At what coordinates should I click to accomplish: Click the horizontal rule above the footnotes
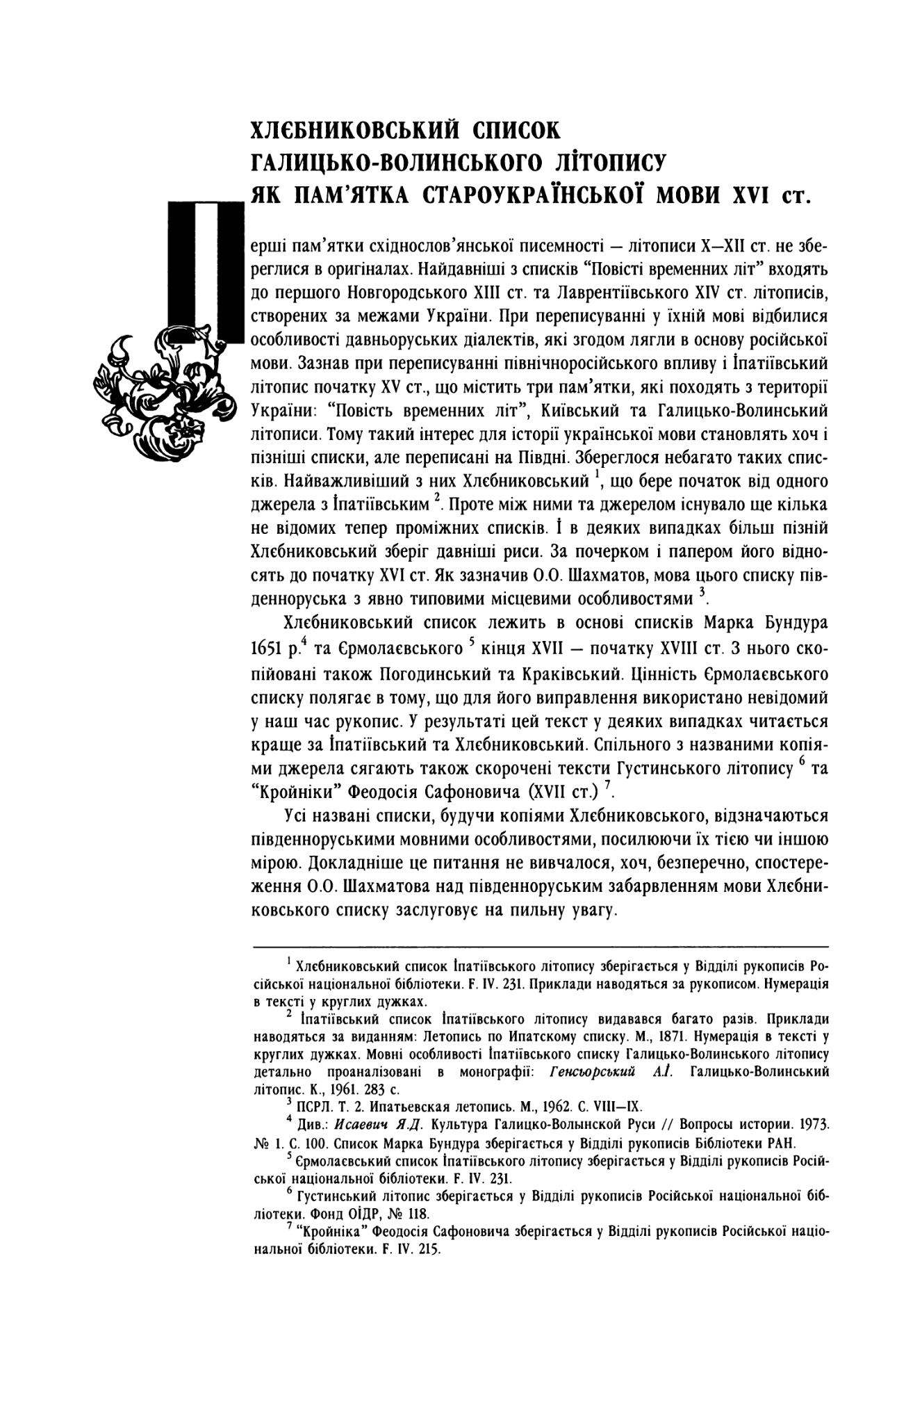tap(541, 947)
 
